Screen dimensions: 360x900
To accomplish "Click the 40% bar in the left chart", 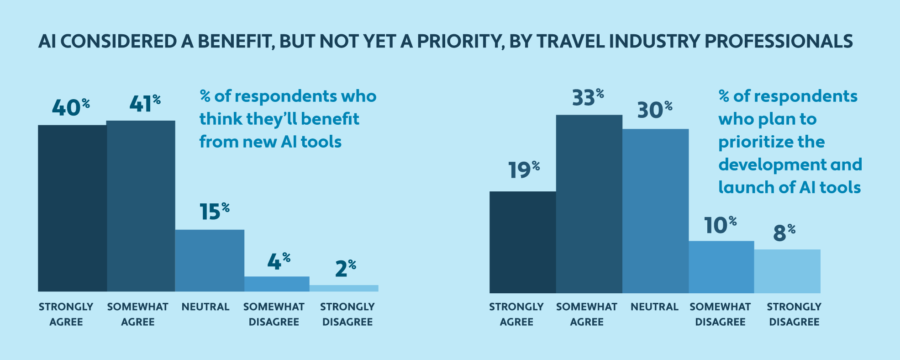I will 72,208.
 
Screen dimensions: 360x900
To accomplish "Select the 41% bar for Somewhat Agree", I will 141,206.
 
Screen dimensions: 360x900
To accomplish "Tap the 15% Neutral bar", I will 210,260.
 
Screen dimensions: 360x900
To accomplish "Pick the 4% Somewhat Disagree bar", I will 277,284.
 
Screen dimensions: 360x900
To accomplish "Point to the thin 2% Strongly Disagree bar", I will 344,288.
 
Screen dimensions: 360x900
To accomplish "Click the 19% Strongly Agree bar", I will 522,242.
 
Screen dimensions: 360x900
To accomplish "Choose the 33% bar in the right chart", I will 589,204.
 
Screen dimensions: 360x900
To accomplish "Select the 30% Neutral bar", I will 655,211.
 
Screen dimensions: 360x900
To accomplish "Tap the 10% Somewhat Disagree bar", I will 721,267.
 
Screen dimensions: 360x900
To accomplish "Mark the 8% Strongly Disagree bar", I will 787,271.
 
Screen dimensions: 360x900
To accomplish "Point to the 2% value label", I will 345,268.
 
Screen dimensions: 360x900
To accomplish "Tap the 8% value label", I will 784,233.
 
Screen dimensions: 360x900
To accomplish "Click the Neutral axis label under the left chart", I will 205,307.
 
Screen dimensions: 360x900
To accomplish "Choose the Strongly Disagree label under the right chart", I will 794,314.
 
